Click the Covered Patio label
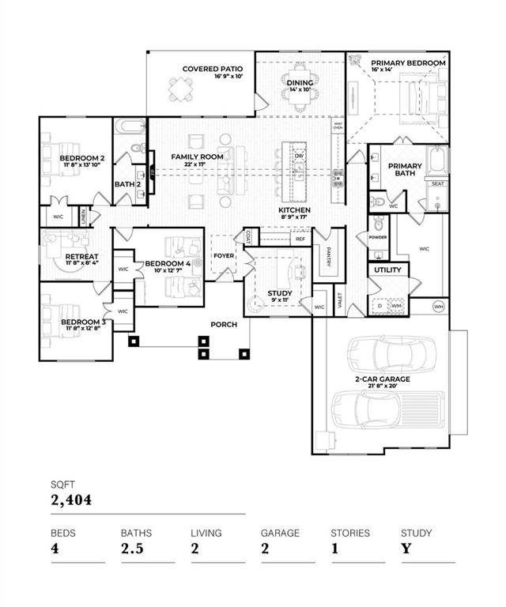tap(211, 69)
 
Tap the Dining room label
tap(300, 83)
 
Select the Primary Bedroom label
tap(408, 63)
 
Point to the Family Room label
tap(197, 156)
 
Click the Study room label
tap(280, 293)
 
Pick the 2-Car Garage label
tap(382, 379)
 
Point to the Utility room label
tap(387, 270)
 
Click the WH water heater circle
tap(440, 306)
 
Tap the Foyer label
tap(225, 256)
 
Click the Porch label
tap(224, 325)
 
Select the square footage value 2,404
tap(72, 500)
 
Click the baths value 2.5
tap(132, 549)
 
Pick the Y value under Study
tap(406, 549)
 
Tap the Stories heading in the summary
tap(349, 533)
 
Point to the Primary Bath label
tap(404, 170)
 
